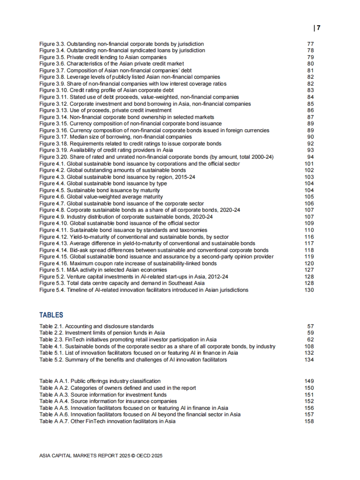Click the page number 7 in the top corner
(x=318, y=28)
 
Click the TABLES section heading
(x=51, y=315)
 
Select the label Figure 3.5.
(x=52, y=57)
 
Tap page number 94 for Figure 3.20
(x=310, y=157)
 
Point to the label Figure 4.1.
(x=52, y=164)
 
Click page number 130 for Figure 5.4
(x=309, y=290)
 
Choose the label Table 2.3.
(x=51, y=339)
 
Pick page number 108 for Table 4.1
(x=309, y=346)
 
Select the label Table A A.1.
(x=54, y=381)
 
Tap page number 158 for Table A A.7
(x=309, y=421)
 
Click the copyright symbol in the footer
(x=133, y=456)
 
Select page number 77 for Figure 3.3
(x=310, y=44)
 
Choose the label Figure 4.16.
(x=54, y=263)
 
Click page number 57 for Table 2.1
(x=310, y=326)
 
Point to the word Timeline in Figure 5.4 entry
(x=77, y=290)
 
